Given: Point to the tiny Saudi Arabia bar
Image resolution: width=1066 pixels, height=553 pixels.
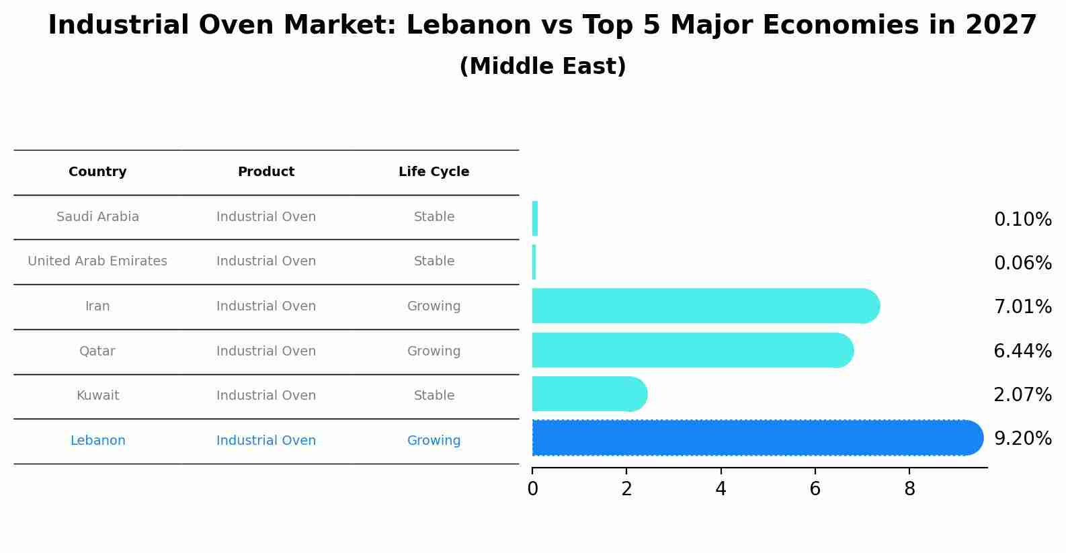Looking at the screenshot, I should pos(535,219).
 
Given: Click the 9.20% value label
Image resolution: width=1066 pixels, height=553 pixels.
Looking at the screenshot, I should pos(1022,439).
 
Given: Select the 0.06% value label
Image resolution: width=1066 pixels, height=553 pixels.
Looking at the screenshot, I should pos(1022,263).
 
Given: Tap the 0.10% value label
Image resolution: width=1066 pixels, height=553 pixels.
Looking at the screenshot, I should pos(1022,220).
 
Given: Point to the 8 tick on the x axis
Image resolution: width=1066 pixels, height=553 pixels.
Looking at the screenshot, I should pos(909,489).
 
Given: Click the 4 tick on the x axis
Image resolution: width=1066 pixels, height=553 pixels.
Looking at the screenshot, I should pos(721,489).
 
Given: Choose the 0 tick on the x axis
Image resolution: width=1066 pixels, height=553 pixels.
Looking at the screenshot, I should pos(533,489).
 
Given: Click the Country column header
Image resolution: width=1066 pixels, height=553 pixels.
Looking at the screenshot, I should pos(97,172).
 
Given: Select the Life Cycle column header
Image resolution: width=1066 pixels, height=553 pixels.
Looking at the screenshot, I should pos(434,172).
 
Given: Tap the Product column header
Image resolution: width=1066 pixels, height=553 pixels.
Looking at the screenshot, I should pos(266,172).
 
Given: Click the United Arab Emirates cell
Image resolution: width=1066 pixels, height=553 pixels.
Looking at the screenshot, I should pos(97,261).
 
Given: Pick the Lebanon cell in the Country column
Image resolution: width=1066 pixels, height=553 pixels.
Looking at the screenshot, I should pos(97,441).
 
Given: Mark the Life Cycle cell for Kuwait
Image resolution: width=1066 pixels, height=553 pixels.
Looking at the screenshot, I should pos(434,396).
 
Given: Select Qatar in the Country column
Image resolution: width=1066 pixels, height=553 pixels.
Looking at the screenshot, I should pos(97,351).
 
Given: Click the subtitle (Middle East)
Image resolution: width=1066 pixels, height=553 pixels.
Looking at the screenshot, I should pos(542,67).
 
